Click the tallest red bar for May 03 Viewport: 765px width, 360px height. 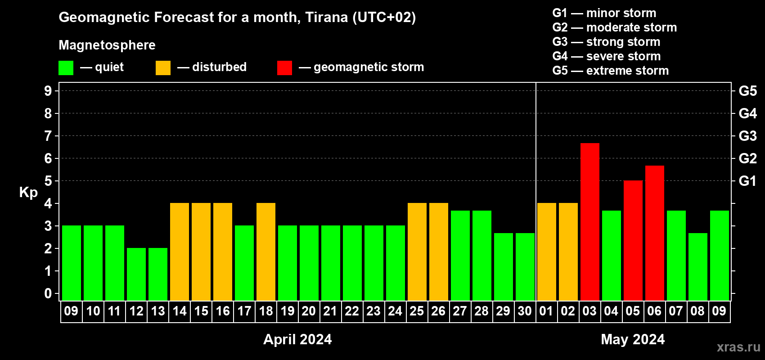coord(590,222)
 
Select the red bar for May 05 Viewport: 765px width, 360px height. coord(633,240)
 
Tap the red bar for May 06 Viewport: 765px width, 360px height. coord(655,233)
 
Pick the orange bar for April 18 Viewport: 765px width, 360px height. coord(266,252)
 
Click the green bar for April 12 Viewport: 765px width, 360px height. coord(136,274)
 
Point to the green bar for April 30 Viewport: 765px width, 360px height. coord(525,267)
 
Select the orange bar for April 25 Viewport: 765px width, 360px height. coord(417,252)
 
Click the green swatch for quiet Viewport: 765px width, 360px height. coord(66,67)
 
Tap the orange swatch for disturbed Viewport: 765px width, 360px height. coord(163,67)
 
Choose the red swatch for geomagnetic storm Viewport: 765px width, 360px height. coord(285,67)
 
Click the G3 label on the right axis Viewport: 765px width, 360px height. coord(747,136)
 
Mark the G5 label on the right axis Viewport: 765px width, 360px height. coord(747,91)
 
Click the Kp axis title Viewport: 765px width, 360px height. coord(28,193)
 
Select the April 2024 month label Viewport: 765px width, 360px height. coord(297,339)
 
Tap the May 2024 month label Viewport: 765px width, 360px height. coord(633,339)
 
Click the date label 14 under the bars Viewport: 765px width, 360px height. coord(180,311)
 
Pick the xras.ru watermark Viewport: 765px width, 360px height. coord(738,347)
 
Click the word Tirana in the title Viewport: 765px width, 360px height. coord(327,17)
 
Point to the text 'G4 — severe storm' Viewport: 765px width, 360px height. coord(607,56)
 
